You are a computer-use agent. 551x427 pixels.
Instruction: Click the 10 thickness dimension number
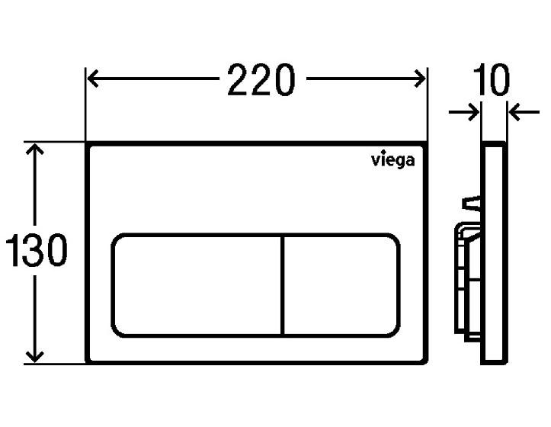(492, 80)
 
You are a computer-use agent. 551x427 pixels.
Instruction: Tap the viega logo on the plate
(392, 160)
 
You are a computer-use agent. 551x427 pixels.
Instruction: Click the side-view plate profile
(494, 252)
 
